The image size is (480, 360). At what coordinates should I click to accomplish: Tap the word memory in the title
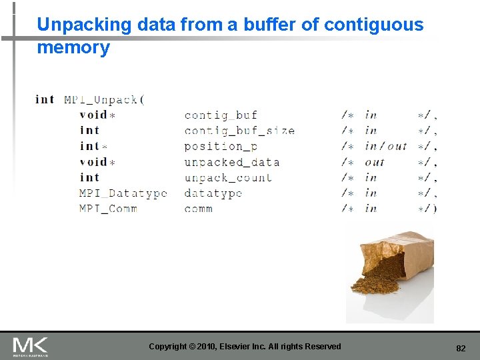pos(73,48)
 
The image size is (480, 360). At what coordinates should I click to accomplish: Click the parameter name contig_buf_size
pos(239,131)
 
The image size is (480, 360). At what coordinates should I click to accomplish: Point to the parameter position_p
pos(221,147)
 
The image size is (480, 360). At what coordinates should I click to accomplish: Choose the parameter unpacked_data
pos(231,162)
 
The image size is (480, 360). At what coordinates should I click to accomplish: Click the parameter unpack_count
pos(228,177)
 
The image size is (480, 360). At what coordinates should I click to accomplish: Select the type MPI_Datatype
pos(123,193)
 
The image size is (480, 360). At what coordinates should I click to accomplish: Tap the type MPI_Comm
pos(108,209)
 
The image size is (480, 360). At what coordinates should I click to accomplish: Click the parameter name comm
pos(199,209)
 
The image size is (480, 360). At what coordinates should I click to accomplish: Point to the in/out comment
pos(385,147)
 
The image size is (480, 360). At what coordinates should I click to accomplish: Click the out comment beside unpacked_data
pos(375,162)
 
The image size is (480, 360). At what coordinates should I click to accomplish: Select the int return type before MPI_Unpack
pos(45,100)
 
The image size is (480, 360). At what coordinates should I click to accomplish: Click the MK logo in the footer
pos(30,346)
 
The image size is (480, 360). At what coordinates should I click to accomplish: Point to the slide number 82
pos(461,348)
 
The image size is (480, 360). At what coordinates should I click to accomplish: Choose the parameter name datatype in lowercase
pos(213,193)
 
